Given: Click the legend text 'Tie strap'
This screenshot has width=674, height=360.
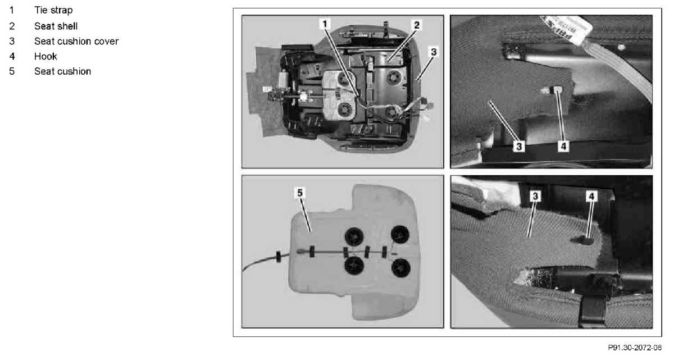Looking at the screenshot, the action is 53,10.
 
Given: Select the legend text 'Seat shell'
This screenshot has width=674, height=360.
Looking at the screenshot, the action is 56,26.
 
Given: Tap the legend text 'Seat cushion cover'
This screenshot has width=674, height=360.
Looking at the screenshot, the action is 76,41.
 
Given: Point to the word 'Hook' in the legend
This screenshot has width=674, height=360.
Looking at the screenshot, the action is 45,56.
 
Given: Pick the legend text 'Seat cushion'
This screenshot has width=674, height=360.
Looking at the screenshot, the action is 62,71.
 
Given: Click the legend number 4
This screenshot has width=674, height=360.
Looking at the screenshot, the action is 12,56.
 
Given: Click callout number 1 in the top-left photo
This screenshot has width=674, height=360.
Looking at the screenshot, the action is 325,24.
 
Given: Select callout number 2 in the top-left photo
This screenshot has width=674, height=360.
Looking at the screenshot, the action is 416,25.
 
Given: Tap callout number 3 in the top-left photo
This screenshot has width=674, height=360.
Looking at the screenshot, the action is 434,52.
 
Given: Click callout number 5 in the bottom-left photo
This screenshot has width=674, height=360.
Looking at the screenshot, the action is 300,193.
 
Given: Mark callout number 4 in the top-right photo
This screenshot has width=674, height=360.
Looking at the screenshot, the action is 563,147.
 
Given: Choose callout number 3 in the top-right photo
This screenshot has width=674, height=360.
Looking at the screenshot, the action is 519,147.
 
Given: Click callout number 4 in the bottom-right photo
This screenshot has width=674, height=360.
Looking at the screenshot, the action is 591,197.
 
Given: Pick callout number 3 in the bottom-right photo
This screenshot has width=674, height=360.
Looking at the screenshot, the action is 535,197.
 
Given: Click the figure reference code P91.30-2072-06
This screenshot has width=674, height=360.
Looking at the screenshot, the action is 635,348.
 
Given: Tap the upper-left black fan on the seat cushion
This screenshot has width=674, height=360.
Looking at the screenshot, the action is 354,236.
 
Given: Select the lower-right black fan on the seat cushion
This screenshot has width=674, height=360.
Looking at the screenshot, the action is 401,268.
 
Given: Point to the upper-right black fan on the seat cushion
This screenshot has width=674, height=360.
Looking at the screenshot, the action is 400,234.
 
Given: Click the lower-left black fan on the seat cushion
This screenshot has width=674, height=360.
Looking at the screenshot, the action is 354,266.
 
